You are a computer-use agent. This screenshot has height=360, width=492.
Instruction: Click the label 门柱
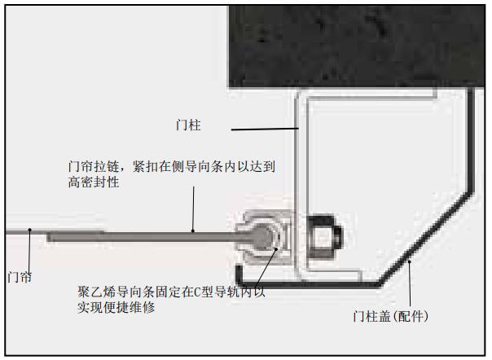[188, 125]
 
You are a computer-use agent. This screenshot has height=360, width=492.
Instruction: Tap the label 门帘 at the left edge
[20, 278]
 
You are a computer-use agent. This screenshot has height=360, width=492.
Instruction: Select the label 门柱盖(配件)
[391, 316]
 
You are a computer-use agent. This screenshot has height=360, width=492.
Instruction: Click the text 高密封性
[94, 182]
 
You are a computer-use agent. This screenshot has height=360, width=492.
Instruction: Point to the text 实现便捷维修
[116, 307]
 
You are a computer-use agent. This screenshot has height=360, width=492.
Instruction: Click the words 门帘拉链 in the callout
[94, 167]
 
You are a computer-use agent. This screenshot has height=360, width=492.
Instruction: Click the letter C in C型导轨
[197, 292]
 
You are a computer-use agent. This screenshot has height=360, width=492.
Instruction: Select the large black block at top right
[357, 46]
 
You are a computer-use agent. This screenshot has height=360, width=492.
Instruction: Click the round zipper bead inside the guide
[262, 237]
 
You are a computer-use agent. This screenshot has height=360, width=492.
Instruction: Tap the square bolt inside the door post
[324, 237]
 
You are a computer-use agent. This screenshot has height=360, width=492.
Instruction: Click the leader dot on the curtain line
[30, 230]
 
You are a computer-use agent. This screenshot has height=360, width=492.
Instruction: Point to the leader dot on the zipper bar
[193, 231]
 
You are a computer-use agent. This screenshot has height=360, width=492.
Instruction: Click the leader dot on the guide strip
[276, 249]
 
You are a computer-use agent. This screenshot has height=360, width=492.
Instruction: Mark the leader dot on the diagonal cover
[409, 261]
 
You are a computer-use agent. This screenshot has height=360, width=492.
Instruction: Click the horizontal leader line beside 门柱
[265, 129]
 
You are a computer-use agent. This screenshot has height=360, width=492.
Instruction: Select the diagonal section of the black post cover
[426, 239]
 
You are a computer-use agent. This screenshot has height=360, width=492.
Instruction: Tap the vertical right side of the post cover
[471, 140]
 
